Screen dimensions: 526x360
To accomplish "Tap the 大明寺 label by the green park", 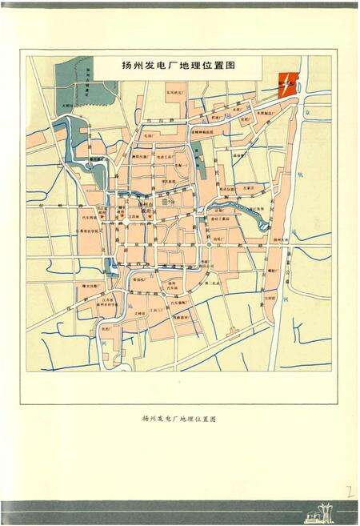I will click(x=70, y=105).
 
